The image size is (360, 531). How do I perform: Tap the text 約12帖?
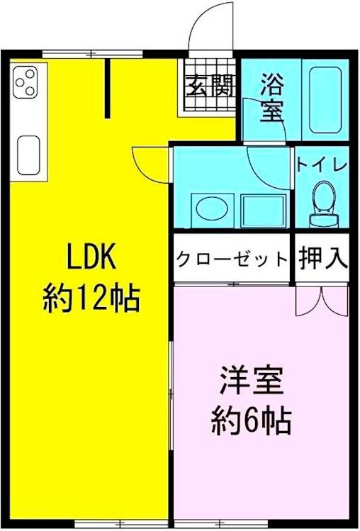tap(91, 298)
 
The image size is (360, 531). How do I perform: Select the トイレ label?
tap(322, 164)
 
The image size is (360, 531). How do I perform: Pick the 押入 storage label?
tap(322, 259)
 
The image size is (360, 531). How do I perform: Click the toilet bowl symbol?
tap(323, 199)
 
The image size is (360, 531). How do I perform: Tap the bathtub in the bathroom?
tap(327, 100)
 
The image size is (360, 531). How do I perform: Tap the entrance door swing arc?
tap(213, 28)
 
